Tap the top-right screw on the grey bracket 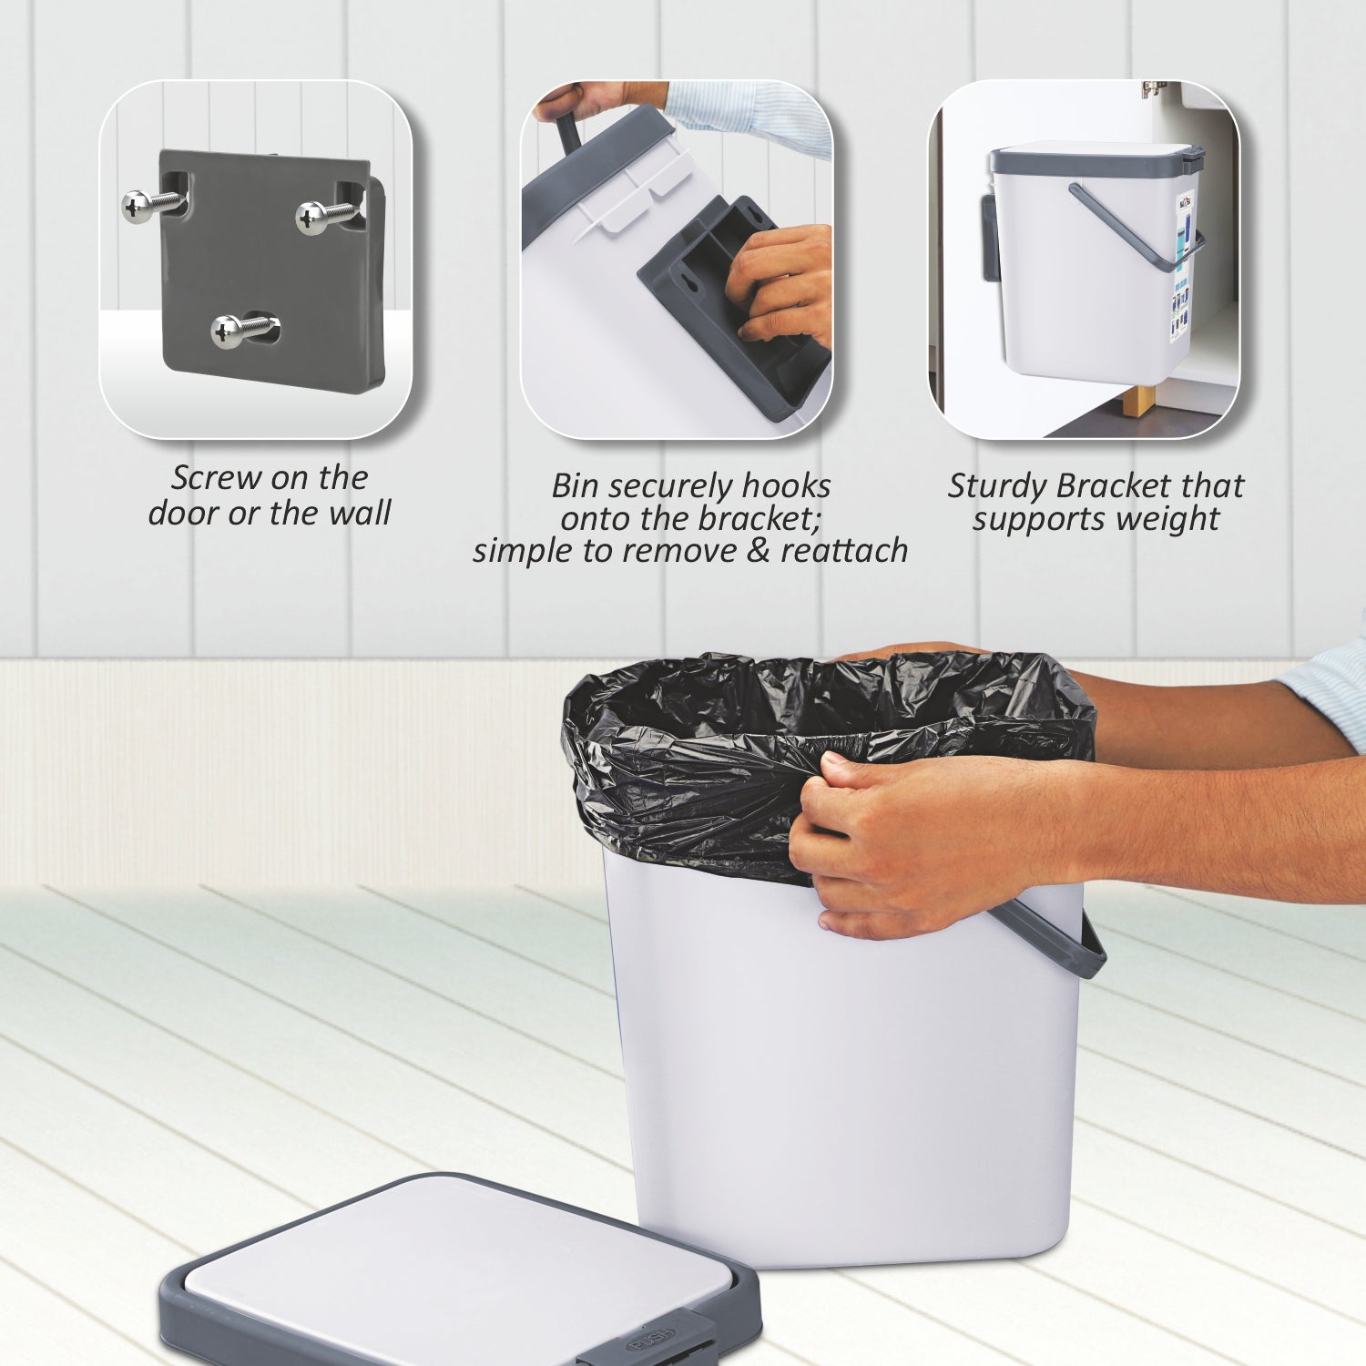click(315, 217)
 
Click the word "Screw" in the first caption click(218, 477)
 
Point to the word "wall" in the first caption click(360, 513)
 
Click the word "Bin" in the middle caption click(575, 485)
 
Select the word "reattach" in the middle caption click(844, 550)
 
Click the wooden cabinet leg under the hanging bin click(1137, 400)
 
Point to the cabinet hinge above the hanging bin click(1154, 88)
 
